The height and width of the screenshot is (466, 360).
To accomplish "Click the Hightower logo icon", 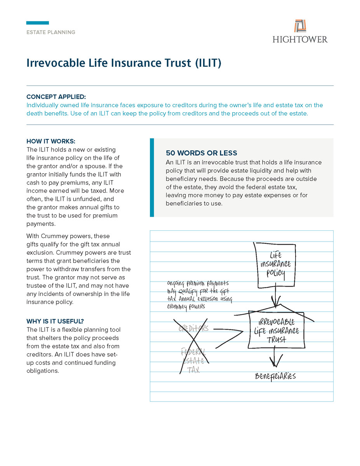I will [x=300, y=26].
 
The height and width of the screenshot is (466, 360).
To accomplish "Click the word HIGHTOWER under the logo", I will [x=300, y=39].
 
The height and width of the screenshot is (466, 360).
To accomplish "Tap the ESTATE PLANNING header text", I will [x=51, y=32].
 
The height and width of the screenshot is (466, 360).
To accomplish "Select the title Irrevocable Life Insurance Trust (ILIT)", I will [x=123, y=63].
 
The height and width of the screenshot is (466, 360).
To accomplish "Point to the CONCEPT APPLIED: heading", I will [x=56, y=97].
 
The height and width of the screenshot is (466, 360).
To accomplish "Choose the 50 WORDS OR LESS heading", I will [x=201, y=153].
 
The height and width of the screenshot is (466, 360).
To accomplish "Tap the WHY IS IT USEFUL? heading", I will [x=55, y=321].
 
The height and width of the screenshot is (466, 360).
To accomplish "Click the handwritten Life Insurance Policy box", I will [x=275, y=265].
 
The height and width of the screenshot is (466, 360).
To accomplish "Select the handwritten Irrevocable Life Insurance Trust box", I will [x=277, y=330].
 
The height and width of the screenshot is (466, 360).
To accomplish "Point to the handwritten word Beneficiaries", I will [x=275, y=376].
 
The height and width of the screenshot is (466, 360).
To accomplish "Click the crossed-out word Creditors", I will [x=193, y=329].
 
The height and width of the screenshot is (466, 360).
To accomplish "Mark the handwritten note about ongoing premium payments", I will [x=199, y=295].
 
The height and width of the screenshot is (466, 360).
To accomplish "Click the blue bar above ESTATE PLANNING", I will [x=37, y=23].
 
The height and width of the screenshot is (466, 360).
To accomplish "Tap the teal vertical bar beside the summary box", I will [x=152, y=177].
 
